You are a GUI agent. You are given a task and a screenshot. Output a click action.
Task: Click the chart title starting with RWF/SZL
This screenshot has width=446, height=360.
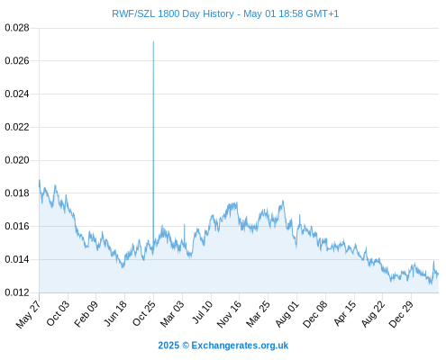point(225,13)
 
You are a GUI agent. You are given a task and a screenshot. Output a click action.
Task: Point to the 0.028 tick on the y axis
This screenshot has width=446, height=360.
point(17,28)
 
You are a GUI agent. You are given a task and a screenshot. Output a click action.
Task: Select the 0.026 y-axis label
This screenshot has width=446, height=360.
point(17,61)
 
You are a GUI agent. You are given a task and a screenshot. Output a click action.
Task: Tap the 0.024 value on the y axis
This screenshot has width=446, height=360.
point(17,94)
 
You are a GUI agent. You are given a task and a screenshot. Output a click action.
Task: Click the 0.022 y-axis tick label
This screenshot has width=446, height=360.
point(17,127)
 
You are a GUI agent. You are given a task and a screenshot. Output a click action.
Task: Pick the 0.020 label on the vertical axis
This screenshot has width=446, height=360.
point(17,160)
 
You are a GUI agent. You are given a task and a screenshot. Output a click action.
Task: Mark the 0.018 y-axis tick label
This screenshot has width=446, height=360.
point(17,193)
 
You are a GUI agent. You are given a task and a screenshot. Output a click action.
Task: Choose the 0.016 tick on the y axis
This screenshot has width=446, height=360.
point(17,226)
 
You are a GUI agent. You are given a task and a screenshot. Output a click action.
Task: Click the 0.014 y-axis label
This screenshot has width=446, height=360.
point(17,259)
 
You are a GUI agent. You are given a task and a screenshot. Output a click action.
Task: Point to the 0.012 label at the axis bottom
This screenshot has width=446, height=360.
point(17,292)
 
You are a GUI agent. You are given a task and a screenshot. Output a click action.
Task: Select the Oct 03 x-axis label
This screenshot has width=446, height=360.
point(58,313)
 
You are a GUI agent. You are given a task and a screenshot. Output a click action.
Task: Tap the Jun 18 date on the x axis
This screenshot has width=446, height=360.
point(115,313)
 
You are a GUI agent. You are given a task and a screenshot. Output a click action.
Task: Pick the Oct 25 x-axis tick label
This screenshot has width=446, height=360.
point(144,313)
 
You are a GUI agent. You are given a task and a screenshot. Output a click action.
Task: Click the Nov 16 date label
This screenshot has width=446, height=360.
point(229,314)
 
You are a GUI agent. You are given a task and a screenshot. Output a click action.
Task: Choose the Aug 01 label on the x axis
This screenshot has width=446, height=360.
point(287,314)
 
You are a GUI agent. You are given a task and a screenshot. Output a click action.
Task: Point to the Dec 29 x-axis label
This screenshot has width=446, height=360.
point(401,314)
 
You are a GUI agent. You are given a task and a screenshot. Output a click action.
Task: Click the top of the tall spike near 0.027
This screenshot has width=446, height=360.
point(153,41)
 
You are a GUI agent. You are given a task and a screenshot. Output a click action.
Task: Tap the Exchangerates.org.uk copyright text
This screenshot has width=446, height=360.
point(223,346)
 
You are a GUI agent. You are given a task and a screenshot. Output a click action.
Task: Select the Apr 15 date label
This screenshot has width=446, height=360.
point(345,313)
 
